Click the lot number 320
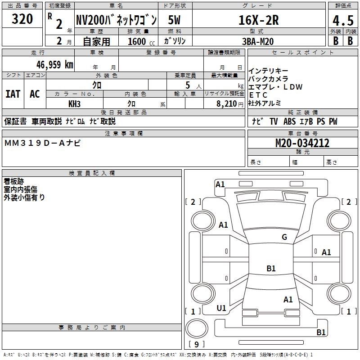[22, 19]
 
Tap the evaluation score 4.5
[343, 20]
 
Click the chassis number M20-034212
[302, 144]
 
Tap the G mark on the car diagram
[284, 237]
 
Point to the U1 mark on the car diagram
[221, 308]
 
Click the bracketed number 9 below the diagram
[196, 344]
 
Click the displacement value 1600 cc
[140, 41]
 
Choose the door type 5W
[175, 20]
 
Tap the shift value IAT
[13, 94]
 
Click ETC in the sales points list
[258, 95]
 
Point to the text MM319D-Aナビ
[43, 143]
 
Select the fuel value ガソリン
[175, 41]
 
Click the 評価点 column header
[343, 6]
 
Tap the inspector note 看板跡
[14, 181]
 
